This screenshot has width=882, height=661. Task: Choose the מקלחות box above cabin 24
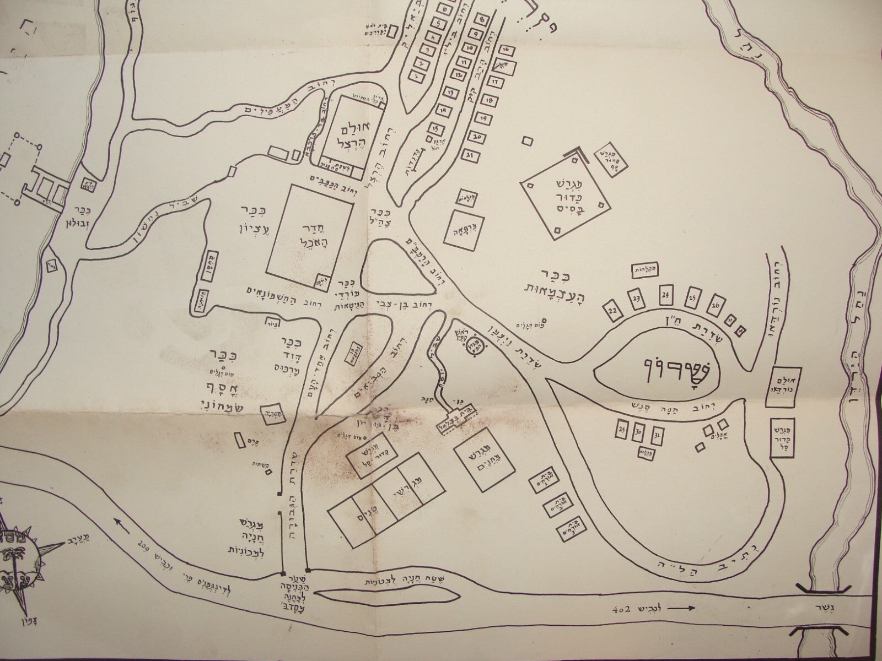(x=646, y=270)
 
